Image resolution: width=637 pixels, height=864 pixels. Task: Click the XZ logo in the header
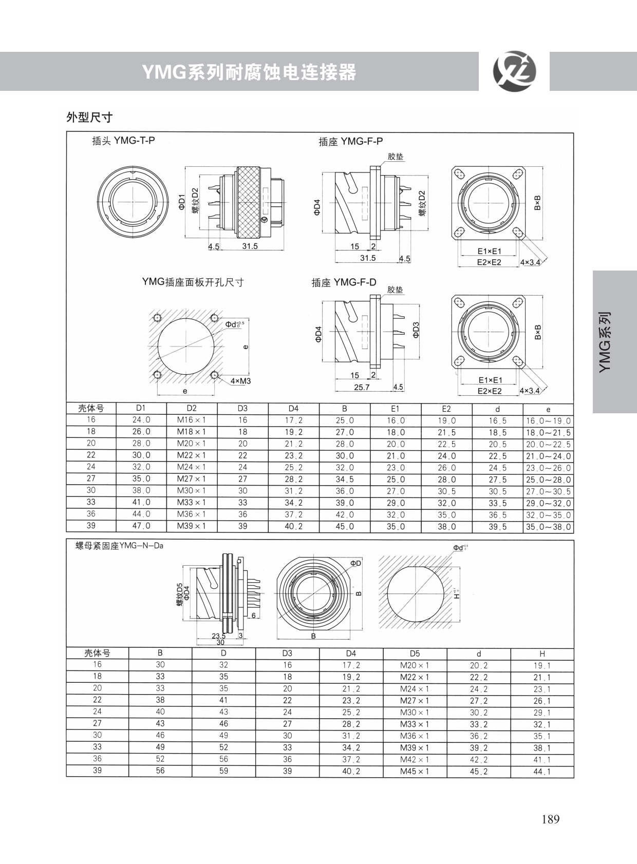[514, 71]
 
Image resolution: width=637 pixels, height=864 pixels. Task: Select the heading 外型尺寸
[89, 117]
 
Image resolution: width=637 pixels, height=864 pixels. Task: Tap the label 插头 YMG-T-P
[123, 140]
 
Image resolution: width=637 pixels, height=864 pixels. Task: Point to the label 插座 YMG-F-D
[344, 283]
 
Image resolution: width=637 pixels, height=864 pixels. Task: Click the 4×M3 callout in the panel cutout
[240, 381]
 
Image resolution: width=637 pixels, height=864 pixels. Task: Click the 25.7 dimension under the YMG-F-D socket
[362, 387]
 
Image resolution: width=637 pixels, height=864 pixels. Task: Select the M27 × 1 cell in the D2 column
[192, 478]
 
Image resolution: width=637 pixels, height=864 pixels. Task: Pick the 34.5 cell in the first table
[344, 479]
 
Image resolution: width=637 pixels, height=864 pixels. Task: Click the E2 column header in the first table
[446, 409]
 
